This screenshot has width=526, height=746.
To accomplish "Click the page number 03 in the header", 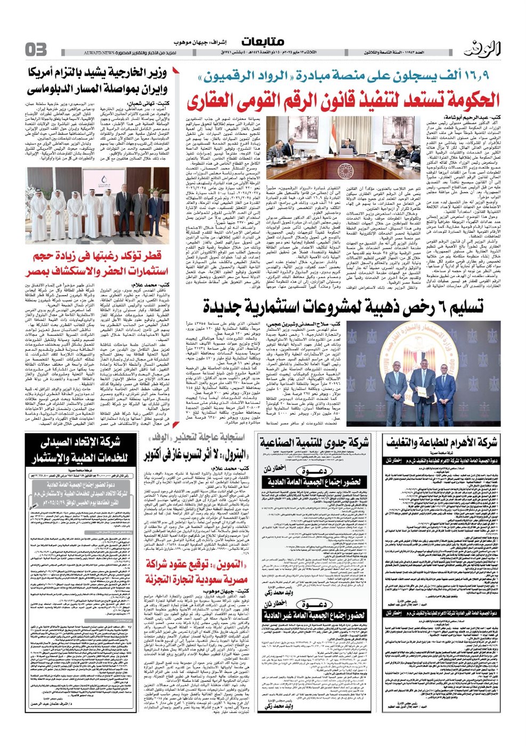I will [36, 50].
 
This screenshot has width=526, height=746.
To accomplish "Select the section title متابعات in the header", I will [263, 42].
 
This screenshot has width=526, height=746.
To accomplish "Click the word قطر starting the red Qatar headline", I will [158, 256].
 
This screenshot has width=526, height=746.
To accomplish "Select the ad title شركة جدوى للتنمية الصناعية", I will [314, 443].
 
